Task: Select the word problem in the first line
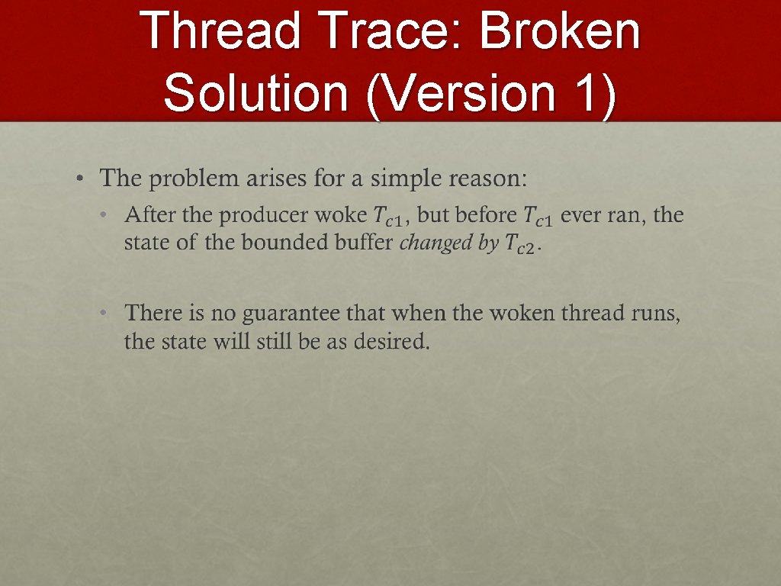[x=194, y=179]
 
